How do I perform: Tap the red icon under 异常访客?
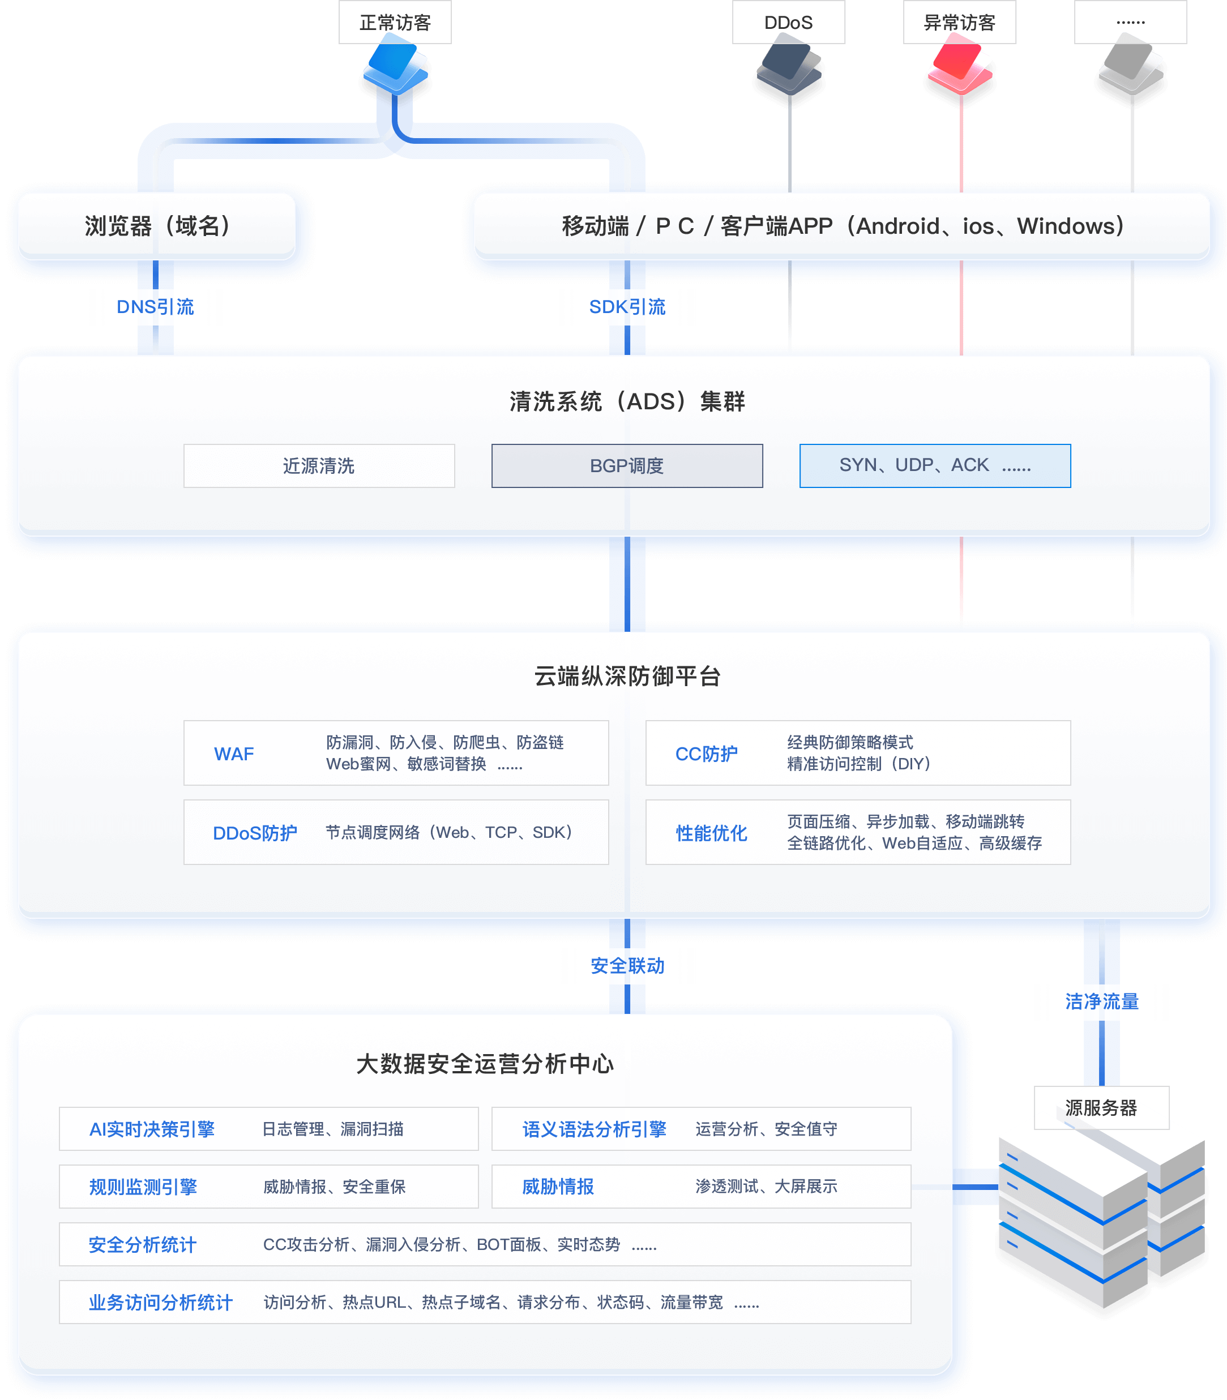pos(960,65)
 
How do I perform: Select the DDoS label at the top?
pos(788,23)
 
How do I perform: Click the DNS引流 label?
pos(156,307)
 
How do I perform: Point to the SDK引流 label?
pos(627,307)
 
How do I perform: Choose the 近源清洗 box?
pos(319,466)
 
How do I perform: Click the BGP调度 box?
pos(627,466)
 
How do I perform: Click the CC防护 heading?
pos(707,753)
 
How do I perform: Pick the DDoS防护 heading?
pos(255,833)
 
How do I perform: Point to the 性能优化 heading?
pos(711,833)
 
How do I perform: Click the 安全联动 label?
pos(627,966)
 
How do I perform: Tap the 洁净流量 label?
pos(1102,1002)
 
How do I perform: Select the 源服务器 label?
pos(1101,1108)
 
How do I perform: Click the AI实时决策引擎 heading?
pos(152,1129)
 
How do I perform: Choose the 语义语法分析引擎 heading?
pos(595,1129)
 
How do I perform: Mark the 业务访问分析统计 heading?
pos(161,1302)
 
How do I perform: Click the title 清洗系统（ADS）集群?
pos(627,401)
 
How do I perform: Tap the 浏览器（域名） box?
pos(157,226)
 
